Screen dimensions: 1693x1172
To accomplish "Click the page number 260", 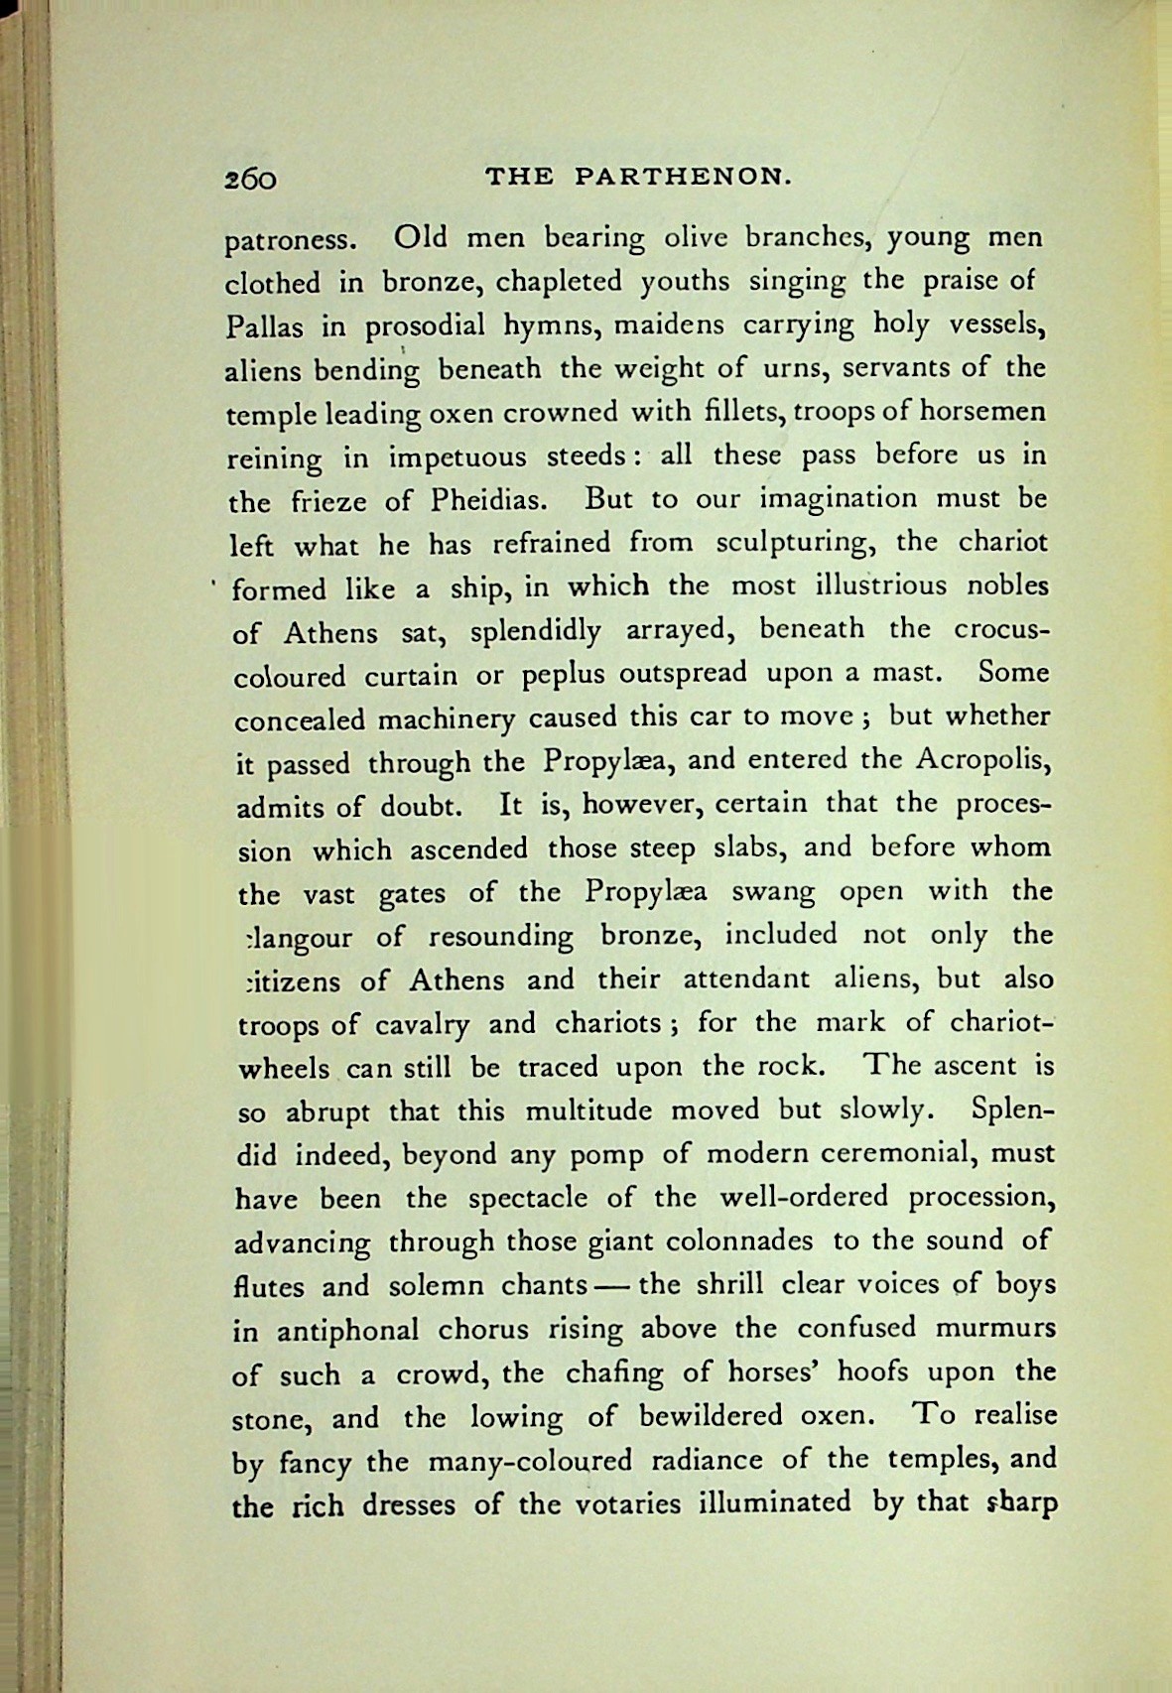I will (249, 179).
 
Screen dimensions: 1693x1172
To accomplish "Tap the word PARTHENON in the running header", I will (683, 178).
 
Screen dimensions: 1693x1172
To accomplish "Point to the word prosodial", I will (425, 327).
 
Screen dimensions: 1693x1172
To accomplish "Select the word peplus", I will (553, 675).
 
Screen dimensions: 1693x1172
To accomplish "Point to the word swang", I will (772, 892).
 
